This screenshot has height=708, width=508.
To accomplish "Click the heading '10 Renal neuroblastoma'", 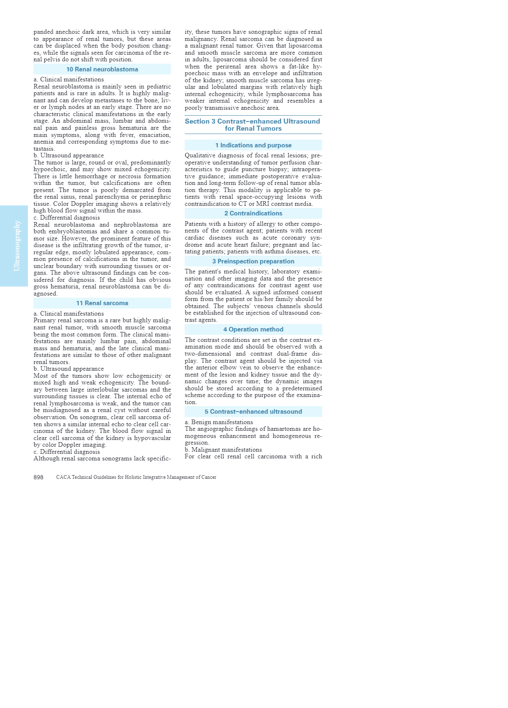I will [102, 69].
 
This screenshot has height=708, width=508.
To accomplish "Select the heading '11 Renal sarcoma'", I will [102, 303].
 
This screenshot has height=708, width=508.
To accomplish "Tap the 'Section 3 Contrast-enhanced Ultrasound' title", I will [253, 121].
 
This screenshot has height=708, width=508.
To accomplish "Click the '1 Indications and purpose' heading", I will [253, 145].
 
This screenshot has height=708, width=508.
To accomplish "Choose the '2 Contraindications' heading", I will [253, 213].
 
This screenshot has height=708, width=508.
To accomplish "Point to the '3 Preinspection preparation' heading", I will [253, 261].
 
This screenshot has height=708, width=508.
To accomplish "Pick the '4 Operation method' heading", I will [253, 329].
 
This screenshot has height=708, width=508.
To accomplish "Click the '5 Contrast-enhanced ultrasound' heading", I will [253, 412].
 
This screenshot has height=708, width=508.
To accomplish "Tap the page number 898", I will [38, 477].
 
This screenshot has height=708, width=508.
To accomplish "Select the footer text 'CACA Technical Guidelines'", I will [136, 477].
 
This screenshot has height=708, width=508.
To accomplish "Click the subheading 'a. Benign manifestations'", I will [219, 422].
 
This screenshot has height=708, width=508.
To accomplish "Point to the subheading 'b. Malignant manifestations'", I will [223, 450].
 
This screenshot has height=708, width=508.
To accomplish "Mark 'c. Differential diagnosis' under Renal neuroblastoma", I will [67, 217].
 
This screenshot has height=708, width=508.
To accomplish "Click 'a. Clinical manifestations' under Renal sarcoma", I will [69, 314].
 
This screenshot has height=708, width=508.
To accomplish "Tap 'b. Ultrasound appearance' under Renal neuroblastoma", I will [69, 156].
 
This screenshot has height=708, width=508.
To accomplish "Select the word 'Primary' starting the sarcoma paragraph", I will [45, 321].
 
